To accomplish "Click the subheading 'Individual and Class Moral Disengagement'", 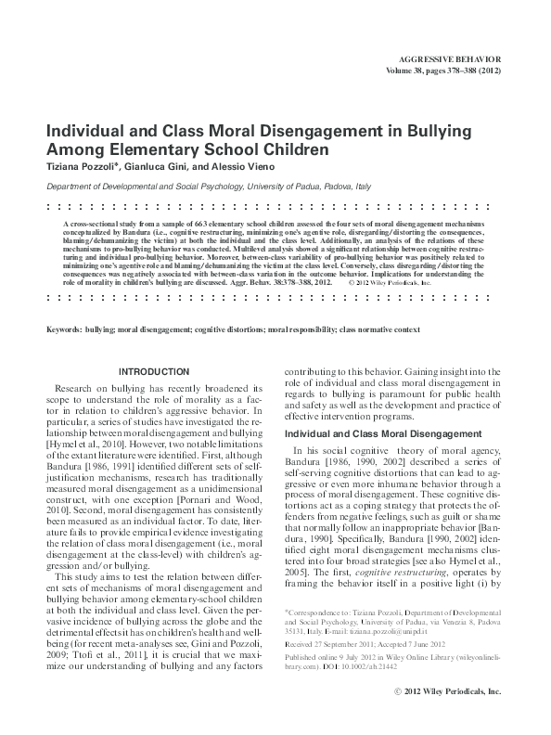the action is [x=382, y=433].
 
